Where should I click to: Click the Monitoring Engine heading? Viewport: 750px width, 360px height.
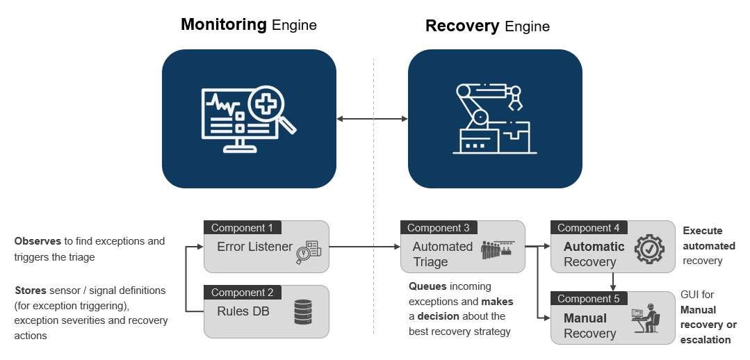(x=248, y=25)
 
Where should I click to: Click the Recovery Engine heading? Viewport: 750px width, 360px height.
(x=487, y=26)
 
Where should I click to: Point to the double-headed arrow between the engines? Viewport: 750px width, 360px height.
(x=372, y=119)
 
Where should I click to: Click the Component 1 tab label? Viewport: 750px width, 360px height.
(x=243, y=228)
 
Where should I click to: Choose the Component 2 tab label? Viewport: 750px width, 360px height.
(x=243, y=293)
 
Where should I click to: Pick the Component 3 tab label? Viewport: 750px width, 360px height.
(x=438, y=228)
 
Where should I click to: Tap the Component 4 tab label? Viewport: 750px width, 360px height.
(x=588, y=228)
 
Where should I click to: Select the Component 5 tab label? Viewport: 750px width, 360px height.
(x=588, y=299)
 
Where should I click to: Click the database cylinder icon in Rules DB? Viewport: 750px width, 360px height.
(x=303, y=312)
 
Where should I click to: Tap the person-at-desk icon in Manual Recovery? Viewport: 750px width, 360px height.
(x=646, y=318)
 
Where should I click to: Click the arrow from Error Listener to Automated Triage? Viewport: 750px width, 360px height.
(x=361, y=246)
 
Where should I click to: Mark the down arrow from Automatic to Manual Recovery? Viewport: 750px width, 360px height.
(x=612, y=281)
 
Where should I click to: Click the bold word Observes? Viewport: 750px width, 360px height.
(x=38, y=241)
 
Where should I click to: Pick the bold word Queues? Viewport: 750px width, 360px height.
(x=427, y=286)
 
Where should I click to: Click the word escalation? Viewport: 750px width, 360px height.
(x=706, y=340)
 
